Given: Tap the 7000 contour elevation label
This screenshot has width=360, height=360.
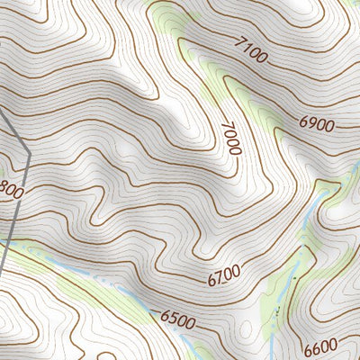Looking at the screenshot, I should (230, 137).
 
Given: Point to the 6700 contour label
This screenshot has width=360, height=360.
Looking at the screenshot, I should (224, 276).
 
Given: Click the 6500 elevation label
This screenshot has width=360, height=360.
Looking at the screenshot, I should (178, 318).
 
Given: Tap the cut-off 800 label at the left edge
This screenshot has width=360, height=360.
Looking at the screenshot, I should (11, 192).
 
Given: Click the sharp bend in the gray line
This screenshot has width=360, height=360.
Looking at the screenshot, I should (30, 154).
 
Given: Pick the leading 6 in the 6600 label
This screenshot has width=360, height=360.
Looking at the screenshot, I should (307, 350).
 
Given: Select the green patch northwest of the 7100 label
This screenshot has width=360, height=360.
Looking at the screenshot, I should (171, 18).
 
